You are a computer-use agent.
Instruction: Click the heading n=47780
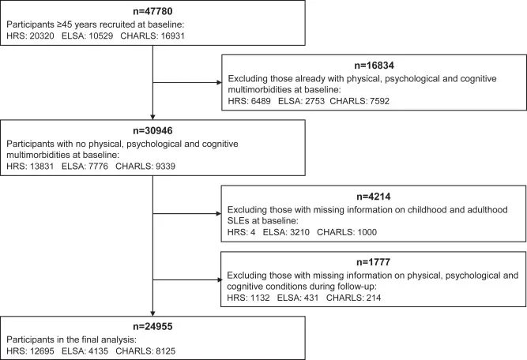point(152,11)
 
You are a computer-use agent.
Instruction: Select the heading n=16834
point(374,66)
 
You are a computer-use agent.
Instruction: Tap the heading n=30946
point(152,131)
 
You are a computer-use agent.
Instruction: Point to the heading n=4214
point(374,197)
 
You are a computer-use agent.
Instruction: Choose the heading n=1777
point(374,262)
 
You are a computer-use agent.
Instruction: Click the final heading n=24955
point(152,326)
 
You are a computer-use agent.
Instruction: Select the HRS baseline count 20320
point(42,36)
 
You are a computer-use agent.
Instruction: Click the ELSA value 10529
point(101,36)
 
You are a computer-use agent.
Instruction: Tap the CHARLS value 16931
point(173,36)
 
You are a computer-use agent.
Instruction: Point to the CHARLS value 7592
point(379,101)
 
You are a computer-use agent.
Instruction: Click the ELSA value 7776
point(98,167)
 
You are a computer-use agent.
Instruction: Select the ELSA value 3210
point(299,232)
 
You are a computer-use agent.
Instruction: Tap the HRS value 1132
point(260,298)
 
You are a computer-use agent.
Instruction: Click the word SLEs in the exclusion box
point(237,221)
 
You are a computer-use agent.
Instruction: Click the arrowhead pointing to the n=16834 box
point(219,83)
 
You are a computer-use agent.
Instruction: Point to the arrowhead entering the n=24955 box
point(153,313)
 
